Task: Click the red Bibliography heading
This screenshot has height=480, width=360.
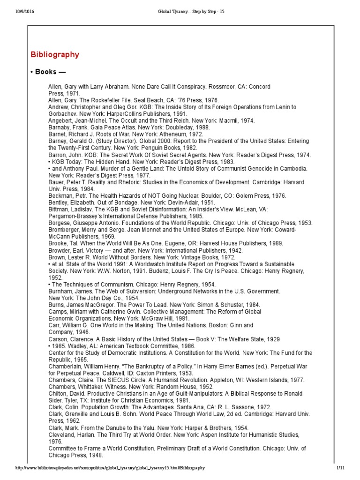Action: pyautogui.click(x=55, y=55)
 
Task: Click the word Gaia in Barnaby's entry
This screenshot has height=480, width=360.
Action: pyautogui.click(x=99, y=127)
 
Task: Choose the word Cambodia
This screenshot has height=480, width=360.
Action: pyautogui.click(x=292, y=168)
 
